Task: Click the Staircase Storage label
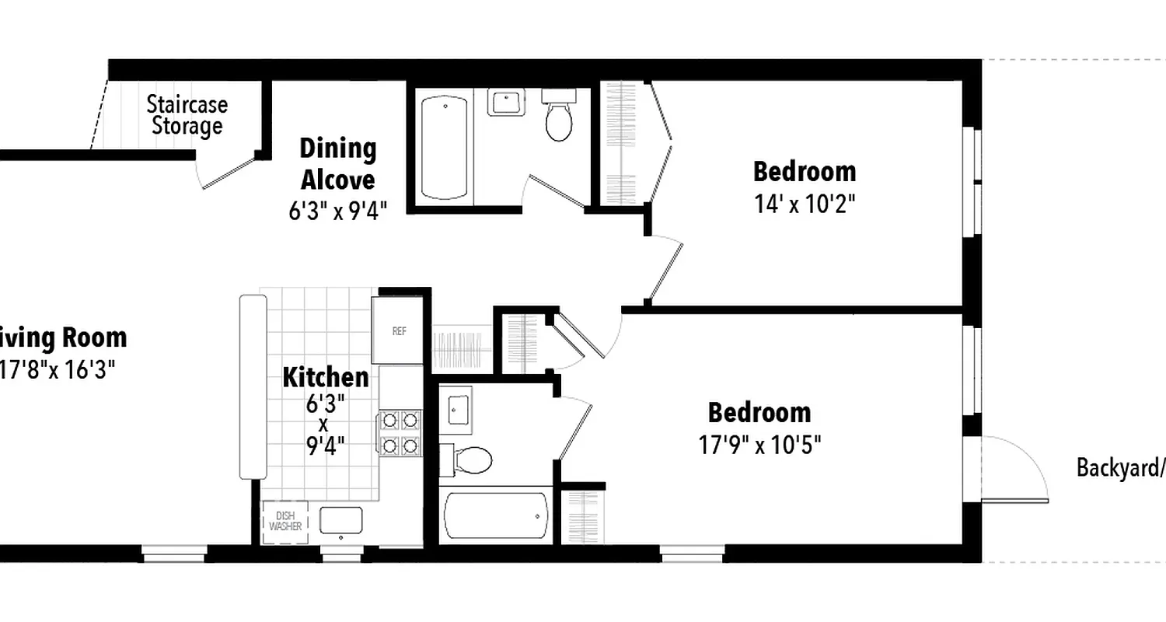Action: (x=187, y=115)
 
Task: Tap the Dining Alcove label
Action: (x=337, y=164)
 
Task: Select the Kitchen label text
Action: (x=325, y=378)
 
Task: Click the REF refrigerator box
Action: (x=399, y=330)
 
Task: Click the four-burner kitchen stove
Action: (x=400, y=433)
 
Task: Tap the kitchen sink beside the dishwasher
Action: (x=341, y=520)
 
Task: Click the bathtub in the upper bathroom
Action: (x=445, y=148)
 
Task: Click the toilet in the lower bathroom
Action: (x=468, y=460)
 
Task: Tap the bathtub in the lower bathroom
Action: (x=495, y=515)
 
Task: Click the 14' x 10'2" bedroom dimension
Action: (x=804, y=204)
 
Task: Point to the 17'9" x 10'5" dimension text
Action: (x=759, y=446)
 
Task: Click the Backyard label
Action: (x=1119, y=468)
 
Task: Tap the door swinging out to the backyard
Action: (x=1014, y=470)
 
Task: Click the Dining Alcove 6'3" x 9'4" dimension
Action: (x=337, y=211)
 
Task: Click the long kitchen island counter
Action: (x=253, y=386)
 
